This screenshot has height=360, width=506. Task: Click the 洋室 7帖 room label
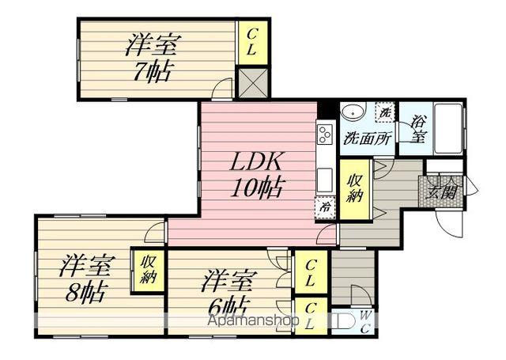coord(149,58)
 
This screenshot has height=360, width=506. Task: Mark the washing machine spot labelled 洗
coord(385,112)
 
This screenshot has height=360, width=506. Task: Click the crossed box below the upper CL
coord(253,83)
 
